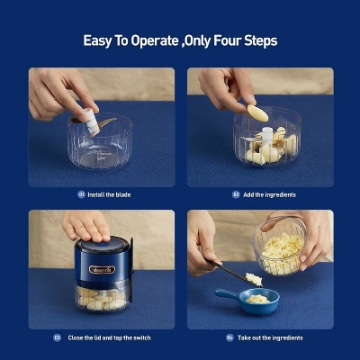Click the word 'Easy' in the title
click(100, 40)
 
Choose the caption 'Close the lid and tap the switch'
click(108, 338)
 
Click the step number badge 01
click(82, 194)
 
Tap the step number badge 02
click(236, 194)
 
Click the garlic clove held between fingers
click(257, 112)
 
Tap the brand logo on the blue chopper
click(101, 269)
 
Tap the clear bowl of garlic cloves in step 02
click(266, 142)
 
